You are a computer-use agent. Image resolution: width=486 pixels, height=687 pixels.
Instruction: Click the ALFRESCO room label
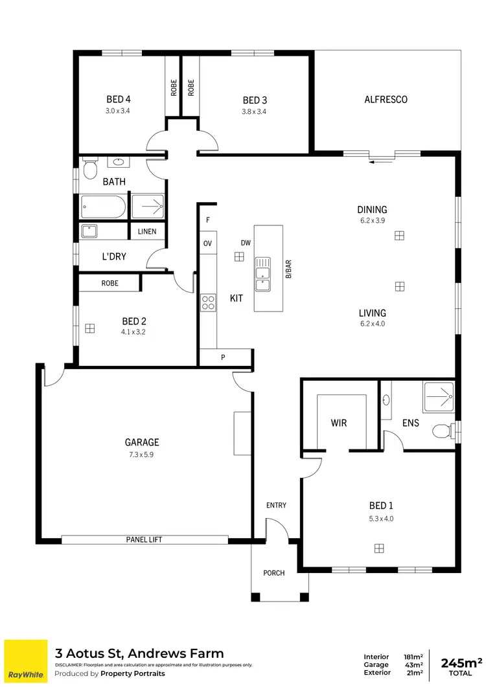coord(386,100)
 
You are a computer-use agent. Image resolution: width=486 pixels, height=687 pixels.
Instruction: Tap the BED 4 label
coord(119,100)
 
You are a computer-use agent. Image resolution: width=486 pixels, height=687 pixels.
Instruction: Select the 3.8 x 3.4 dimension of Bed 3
coord(255,111)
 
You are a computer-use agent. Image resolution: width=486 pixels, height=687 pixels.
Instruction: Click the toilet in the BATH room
coord(89,170)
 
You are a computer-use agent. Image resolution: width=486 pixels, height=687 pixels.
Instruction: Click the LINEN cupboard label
coord(147,231)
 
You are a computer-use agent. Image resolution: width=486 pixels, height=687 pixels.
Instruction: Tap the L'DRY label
coord(114,256)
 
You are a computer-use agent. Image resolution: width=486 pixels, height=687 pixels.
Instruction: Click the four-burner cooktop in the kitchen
coord(208,302)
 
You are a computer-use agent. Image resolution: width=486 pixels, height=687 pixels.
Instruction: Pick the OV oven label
coord(208,243)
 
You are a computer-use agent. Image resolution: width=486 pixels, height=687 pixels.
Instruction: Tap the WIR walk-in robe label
coord(339,423)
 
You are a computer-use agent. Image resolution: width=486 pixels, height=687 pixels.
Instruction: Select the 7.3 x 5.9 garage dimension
coord(142,455)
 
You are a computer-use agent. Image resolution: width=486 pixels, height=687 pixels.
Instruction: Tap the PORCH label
coord(273,573)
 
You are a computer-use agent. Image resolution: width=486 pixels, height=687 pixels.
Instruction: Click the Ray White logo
coord(26,660)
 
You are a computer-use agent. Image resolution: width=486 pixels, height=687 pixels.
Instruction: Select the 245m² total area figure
coord(461,662)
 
